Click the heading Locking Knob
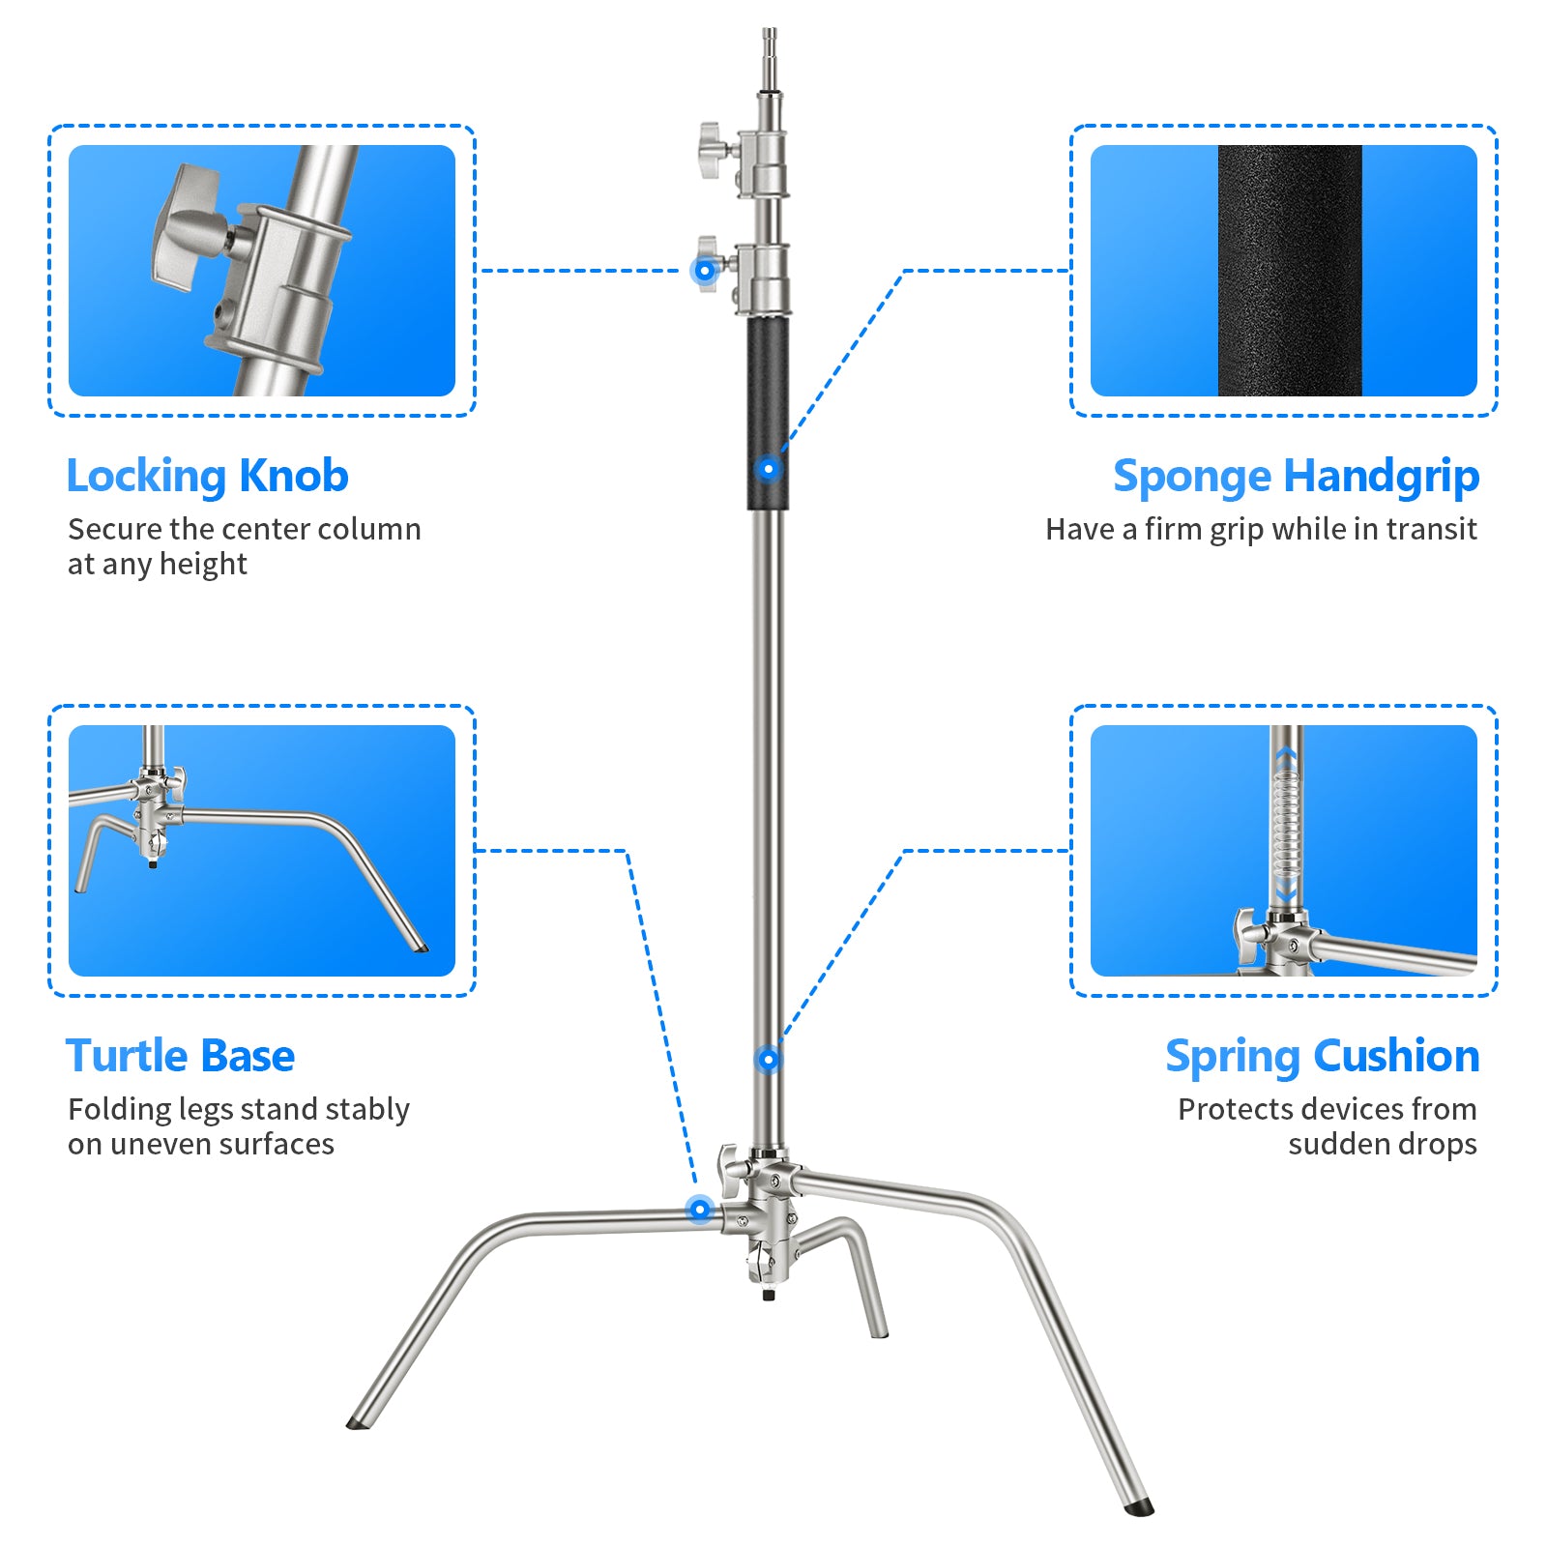pyautogui.click(x=207, y=477)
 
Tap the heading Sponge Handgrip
pyautogui.click(x=1295, y=477)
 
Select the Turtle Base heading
pyautogui.click(x=180, y=1056)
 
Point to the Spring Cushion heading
pyautogui.click(x=1321, y=1056)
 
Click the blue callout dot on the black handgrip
pyautogui.click(x=769, y=469)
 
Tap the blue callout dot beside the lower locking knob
pyautogui.click(x=705, y=271)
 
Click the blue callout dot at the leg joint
pyautogui.click(x=699, y=1210)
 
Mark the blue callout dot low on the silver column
pyautogui.click(x=769, y=1060)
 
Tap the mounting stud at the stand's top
pyautogui.click(x=770, y=48)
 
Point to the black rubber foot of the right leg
pyautogui.click(x=1140, y=1505)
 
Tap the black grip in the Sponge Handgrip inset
pyautogui.click(x=1289, y=271)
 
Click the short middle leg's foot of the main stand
pyautogui.click(x=879, y=1332)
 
